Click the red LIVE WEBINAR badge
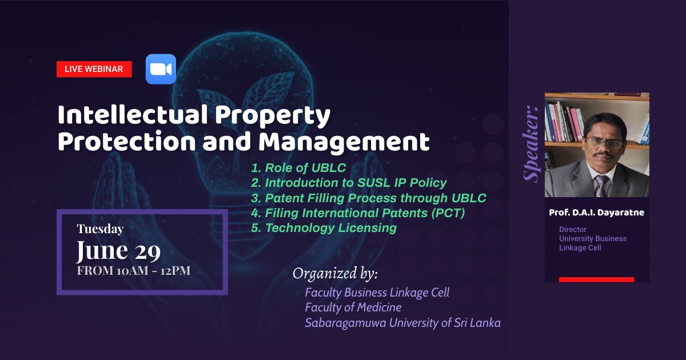pos(94,69)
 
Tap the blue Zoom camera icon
pos(161,69)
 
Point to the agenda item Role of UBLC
pos(298,168)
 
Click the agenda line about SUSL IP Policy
pos(349,183)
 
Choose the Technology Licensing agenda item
pos(324,228)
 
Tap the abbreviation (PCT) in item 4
pos(448,213)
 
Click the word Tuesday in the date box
pos(100,229)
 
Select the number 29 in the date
pos(147,251)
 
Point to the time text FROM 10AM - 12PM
pos(134,271)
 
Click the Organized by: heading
pos(335,273)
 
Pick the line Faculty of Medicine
pos(353,307)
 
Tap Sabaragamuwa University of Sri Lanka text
pos(402,323)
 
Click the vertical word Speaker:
pos(531,144)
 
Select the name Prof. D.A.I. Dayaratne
pos(596,213)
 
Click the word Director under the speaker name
pos(573,229)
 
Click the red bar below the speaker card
pos(597,279)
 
